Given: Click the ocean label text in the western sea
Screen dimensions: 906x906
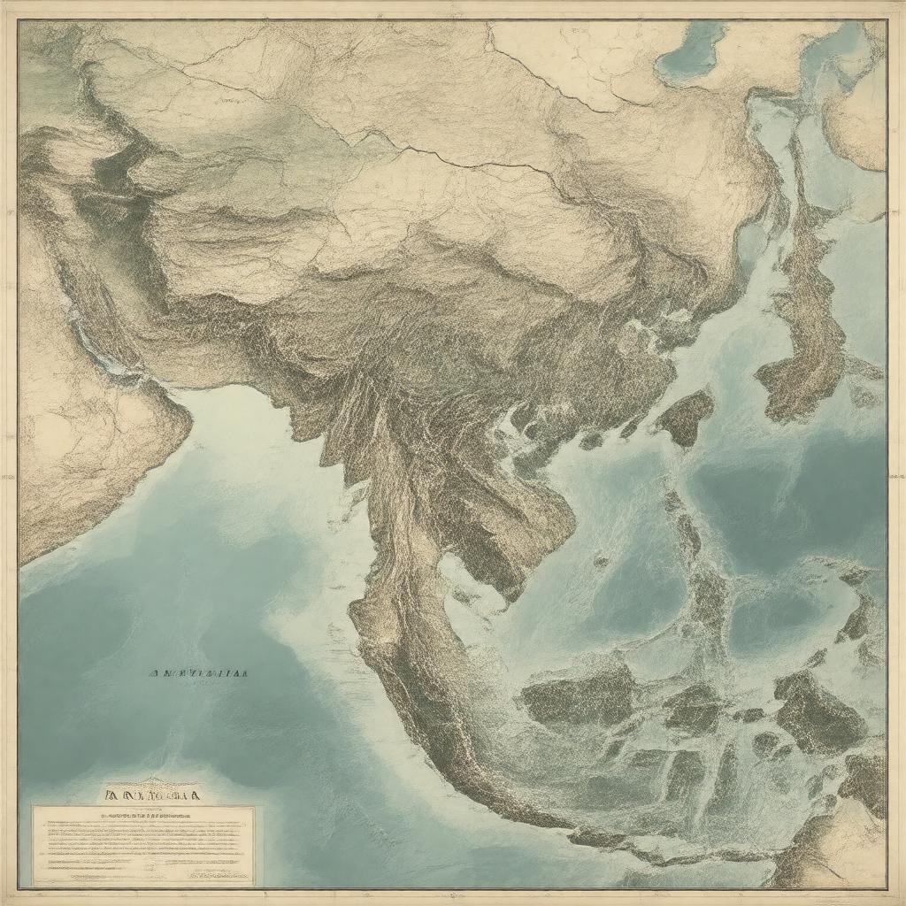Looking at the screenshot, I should click(197, 672).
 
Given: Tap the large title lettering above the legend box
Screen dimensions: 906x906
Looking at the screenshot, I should click(150, 795).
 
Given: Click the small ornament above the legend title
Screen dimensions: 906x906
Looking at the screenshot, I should click(150, 783).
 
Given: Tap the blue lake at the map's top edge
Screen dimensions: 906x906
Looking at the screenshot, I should click(693, 51).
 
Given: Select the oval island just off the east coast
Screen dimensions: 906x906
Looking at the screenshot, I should click(685, 415).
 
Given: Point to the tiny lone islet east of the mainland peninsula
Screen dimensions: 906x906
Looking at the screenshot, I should click(602, 560).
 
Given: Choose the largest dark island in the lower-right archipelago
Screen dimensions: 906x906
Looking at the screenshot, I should click(818, 712).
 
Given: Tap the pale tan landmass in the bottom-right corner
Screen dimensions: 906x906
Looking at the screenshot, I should click(841, 849).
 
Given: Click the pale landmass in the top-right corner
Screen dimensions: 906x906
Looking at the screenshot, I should click(858, 115).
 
